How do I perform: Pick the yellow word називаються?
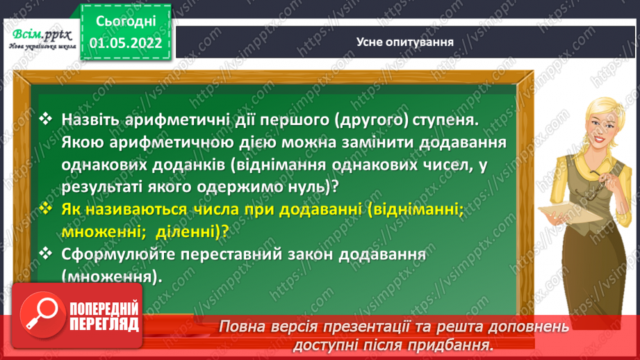131,209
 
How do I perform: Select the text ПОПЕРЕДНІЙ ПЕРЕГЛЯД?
104,316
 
